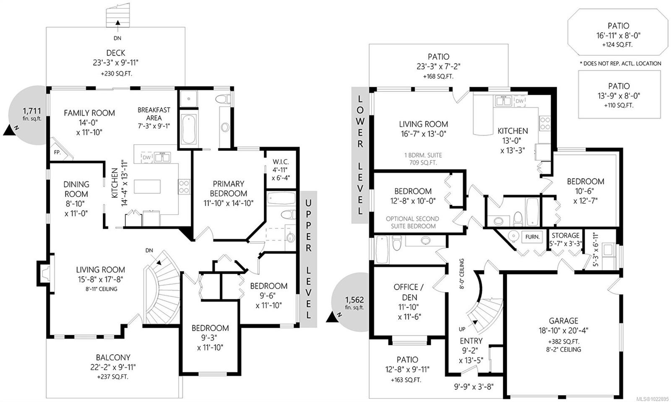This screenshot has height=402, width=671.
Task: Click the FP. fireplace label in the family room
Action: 57,152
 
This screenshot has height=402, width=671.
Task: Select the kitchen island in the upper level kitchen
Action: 147,187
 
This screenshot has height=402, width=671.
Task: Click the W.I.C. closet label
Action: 281,162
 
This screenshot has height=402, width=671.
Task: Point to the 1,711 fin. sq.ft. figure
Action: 31,111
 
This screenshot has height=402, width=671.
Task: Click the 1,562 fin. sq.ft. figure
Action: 354,300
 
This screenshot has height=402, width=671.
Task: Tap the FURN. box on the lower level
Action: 533,236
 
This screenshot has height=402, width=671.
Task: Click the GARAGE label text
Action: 564,321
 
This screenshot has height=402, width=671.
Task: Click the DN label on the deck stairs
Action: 117,38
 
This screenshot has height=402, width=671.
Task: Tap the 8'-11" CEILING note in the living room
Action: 100,289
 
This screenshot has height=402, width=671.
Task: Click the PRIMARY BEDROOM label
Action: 228,189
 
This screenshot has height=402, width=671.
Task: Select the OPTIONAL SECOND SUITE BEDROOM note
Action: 412,222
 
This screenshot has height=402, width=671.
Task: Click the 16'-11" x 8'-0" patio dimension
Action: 618,36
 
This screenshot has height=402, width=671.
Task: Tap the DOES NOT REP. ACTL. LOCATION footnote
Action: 620,63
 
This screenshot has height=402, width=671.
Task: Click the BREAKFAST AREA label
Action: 154,114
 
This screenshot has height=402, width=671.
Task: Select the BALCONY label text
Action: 113,358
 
